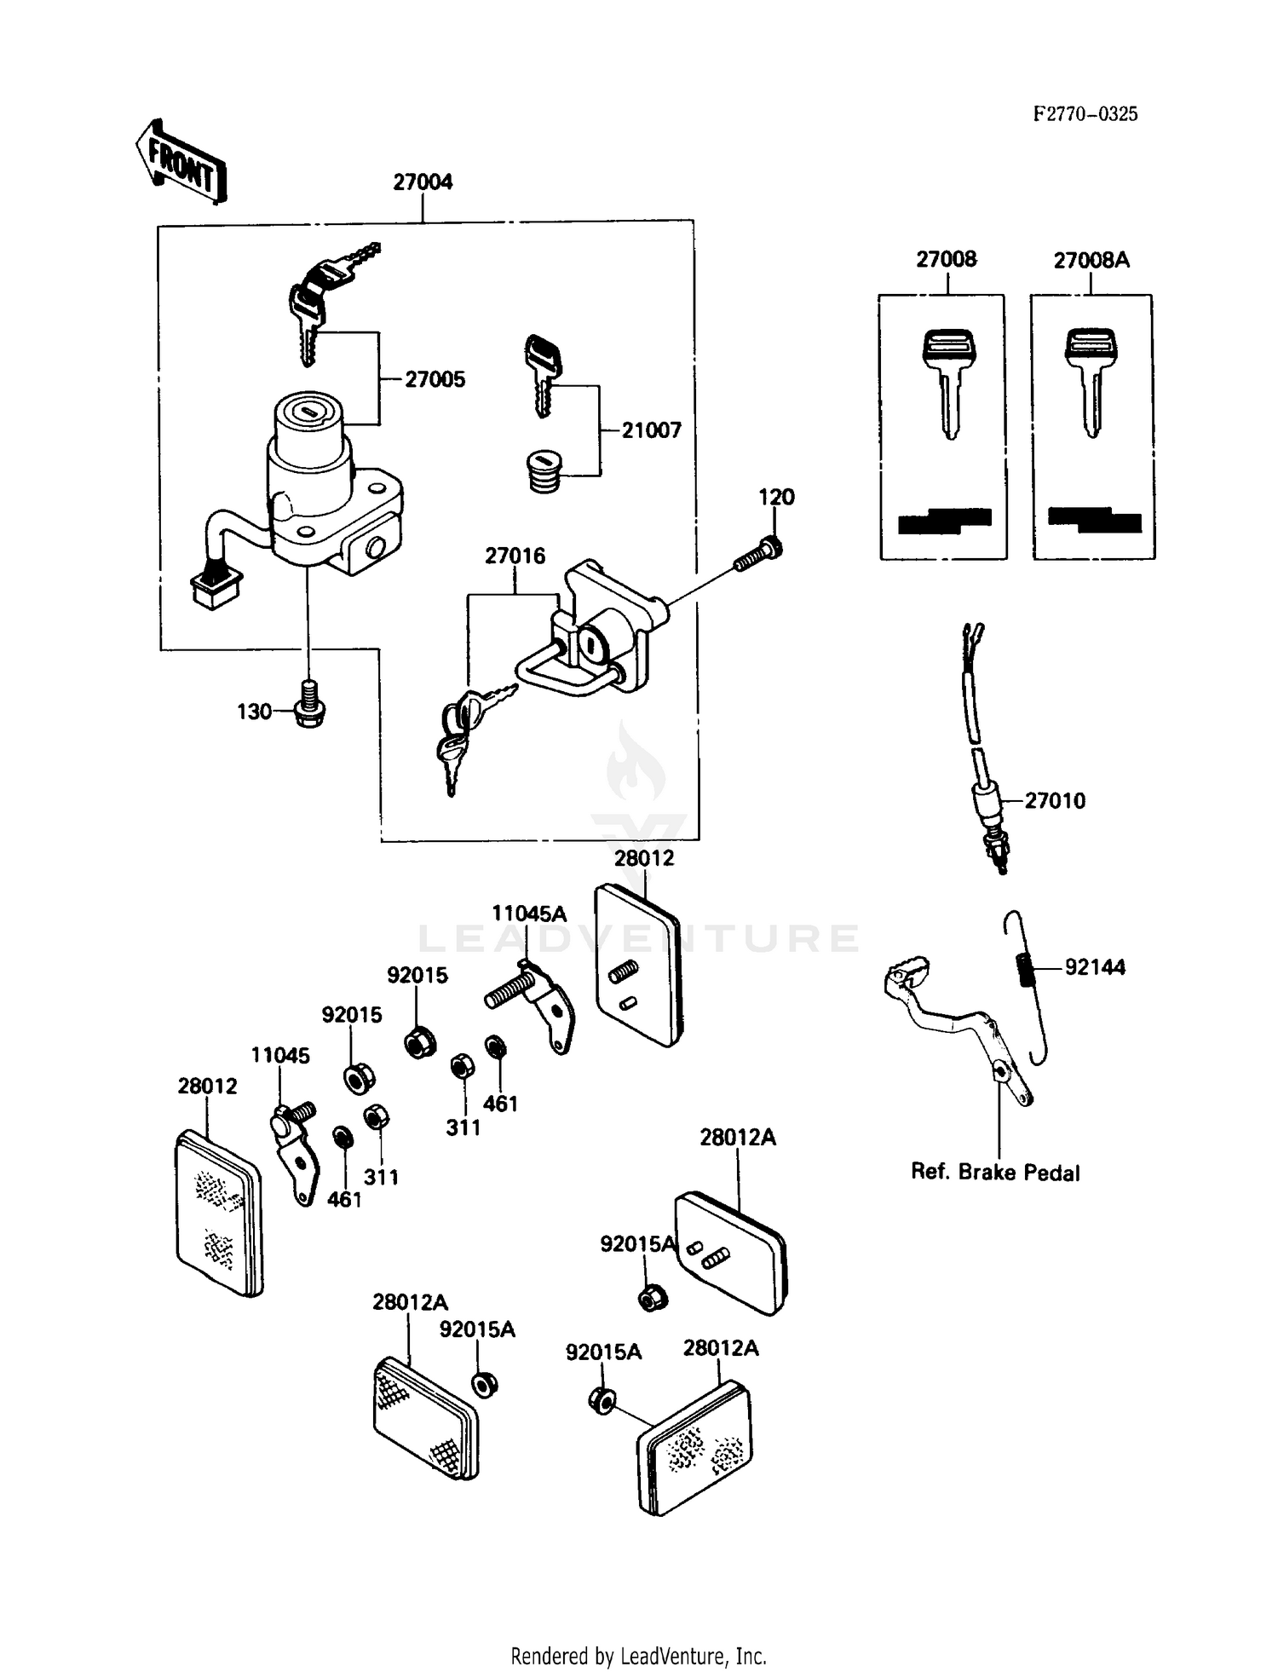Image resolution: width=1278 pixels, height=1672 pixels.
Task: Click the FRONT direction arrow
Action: tap(181, 163)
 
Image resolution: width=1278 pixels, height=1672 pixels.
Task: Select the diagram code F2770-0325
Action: tap(1085, 114)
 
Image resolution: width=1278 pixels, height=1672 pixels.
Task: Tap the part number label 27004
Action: tap(423, 182)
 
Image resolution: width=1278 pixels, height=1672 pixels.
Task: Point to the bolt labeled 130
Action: tap(309, 706)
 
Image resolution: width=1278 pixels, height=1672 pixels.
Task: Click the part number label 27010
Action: tap(1055, 800)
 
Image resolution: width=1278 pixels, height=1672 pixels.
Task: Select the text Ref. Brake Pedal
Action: tap(994, 1173)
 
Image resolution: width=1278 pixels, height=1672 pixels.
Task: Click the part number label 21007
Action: tap(651, 430)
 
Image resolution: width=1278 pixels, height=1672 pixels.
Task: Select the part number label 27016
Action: tap(515, 556)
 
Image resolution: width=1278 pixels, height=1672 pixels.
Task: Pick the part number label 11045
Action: tap(279, 1055)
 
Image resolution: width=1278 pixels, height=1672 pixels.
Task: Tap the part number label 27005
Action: tap(435, 379)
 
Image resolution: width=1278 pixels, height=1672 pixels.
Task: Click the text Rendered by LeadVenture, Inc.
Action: tap(638, 1656)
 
